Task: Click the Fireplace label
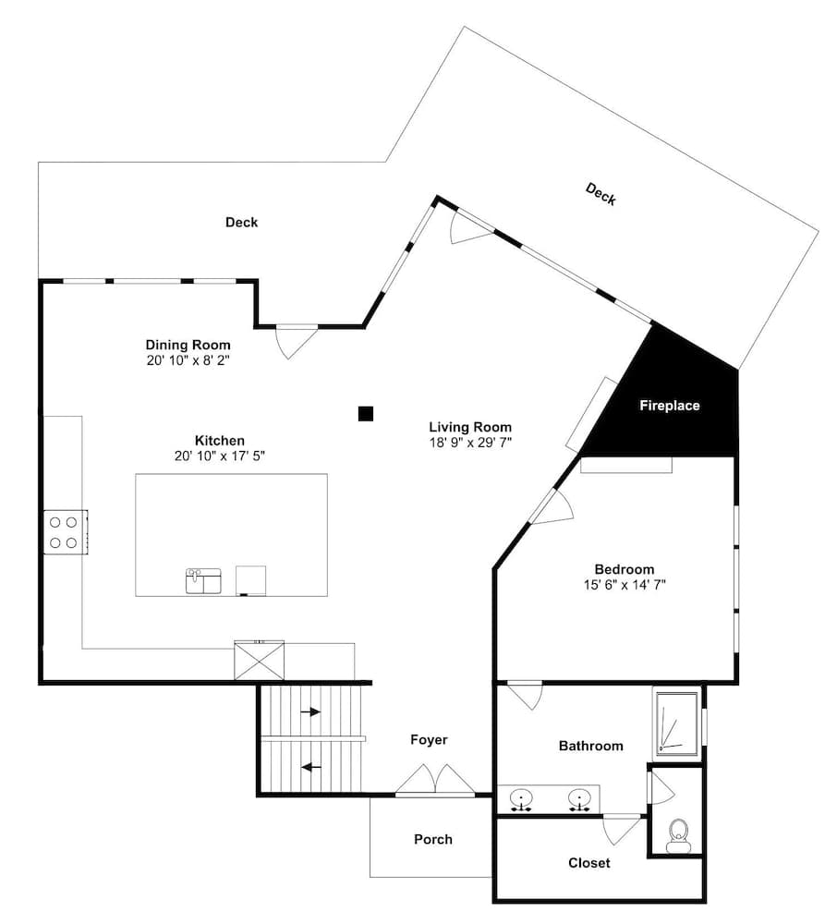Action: tap(669, 406)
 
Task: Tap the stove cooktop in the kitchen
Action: tap(66, 532)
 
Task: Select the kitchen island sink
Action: tap(203, 581)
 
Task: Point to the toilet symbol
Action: tap(679, 835)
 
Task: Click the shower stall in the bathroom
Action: tap(678, 723)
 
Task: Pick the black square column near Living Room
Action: tap(366, 414)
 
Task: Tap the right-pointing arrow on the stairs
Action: tap(310, 711)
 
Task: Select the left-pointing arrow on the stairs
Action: tap(311, 767)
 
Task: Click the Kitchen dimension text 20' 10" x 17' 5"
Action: tap(220, 456)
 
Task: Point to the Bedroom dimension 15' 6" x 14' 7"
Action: tap(625, 585)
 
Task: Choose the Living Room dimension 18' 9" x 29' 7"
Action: tap(470, 443)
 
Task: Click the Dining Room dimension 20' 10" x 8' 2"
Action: tap(188, 360)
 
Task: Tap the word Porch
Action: tap(433, 839)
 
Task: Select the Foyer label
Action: tap(429, 740)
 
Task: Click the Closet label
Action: tap(589, 863)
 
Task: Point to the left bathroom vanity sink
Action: tap(521, 800)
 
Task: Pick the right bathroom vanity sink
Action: tap(579, 800)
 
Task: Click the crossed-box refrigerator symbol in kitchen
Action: tap(260, 661)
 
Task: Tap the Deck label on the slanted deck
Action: tap(600, 194)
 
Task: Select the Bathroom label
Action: tap(590, 746)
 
